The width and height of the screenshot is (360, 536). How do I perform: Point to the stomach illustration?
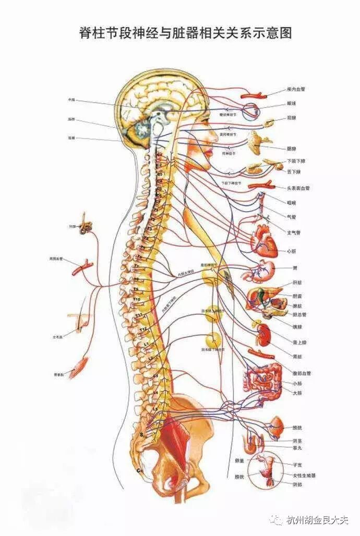[x=258, y=271]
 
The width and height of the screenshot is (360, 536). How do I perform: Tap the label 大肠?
[x=297, y=393]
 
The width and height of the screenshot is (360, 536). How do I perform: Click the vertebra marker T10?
[x=136, y=299]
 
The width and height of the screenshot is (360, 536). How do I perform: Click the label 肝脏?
[x=298, y=283]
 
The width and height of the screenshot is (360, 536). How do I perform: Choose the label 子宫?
[x=297, y=463]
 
